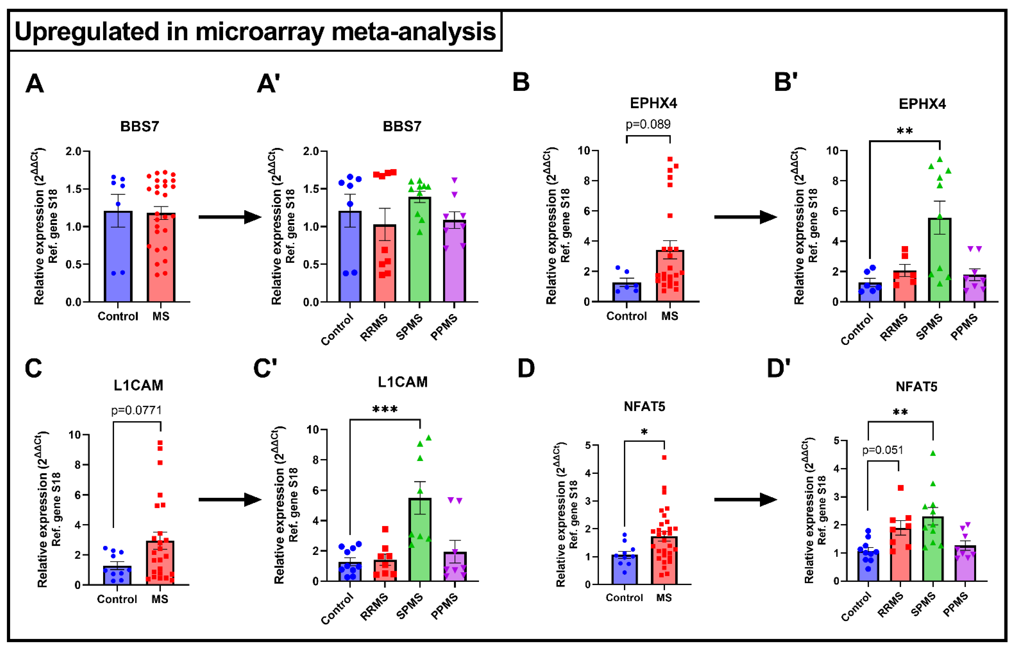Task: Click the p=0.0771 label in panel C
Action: (136, 410)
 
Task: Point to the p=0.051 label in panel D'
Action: (882, 450)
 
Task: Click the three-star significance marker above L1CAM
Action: (385, 409)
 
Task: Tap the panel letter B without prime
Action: (521, 82)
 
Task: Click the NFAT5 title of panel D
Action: (644, 407)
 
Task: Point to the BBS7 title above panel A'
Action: (402, 126)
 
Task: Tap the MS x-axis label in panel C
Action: (160, 599)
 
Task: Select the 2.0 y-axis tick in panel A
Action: (73, 151)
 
